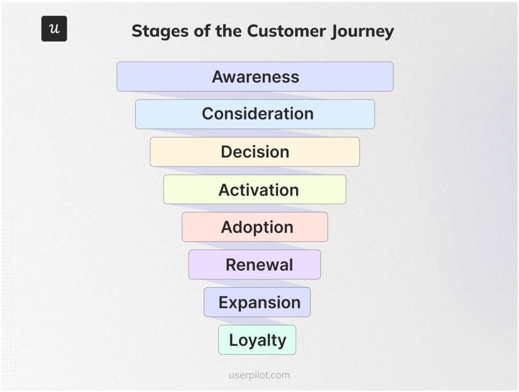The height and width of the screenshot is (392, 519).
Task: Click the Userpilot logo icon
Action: [54, 28]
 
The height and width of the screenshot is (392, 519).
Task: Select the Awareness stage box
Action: [255, 77]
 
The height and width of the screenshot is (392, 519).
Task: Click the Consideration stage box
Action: [255, 114]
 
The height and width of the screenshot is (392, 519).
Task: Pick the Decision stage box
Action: [255, 152]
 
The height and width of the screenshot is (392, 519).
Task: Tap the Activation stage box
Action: [255, 189]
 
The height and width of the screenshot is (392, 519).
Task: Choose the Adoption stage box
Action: [255, 227]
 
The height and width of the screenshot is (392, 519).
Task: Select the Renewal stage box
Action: [255, 265]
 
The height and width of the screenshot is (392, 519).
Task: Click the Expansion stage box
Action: [257, 302]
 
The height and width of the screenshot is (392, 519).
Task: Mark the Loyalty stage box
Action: [257, 340]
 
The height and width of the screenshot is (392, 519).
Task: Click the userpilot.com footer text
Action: [259, 375]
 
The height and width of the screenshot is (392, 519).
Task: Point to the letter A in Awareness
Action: [218, 77]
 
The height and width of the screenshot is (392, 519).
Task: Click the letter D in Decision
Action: [227, 152]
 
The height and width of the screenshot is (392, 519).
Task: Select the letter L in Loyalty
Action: [233, 340]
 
